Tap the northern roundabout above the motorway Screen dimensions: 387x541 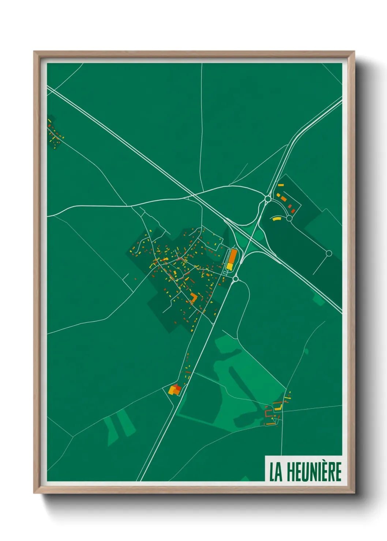[268, 199]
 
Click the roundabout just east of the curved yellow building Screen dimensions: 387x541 [289, 218]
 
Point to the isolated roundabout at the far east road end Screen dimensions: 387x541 [328, 253]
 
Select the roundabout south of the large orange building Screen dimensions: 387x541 [235, 279]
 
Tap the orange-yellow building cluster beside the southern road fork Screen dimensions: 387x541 [175, 390]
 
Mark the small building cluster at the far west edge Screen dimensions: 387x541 [55, 132]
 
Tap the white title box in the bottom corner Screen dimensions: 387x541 [304, 469]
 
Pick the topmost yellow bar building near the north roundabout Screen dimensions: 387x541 [281, 185]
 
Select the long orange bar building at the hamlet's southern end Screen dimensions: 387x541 [271, 424]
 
